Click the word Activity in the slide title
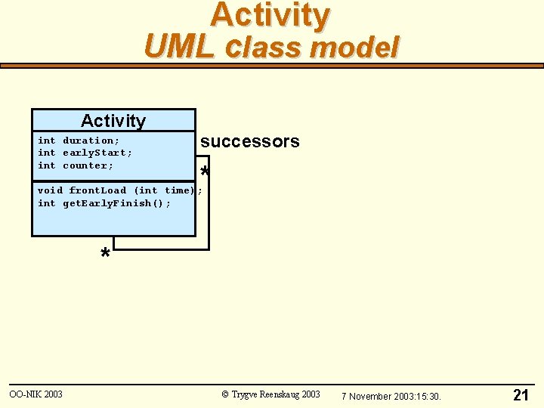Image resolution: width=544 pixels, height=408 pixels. point(270,15)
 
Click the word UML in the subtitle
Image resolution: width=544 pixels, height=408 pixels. point(173,47)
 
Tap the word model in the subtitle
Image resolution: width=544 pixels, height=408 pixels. point(354,47)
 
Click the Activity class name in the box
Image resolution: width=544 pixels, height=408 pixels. point(113,121)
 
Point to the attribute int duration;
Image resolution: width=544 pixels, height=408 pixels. point(79,141)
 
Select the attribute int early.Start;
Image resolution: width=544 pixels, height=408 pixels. point(85,153)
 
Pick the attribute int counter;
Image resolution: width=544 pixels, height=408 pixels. point(76,165)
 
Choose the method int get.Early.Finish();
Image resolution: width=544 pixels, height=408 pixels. point(104,203)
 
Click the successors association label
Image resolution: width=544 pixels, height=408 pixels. point(249,141)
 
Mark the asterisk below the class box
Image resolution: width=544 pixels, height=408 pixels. point(105,254)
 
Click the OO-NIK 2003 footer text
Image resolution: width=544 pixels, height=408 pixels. point(36,394)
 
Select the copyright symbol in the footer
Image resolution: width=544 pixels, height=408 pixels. point(225,394)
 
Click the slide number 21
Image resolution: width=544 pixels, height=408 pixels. point(521,395)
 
